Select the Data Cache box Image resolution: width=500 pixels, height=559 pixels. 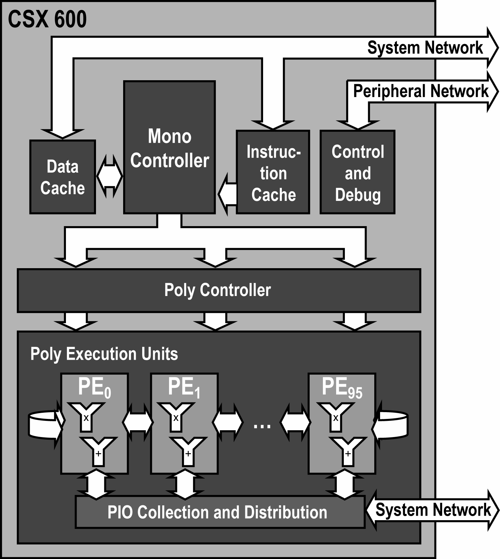pos(62,177)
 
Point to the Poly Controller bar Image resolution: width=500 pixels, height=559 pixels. pos(218,290)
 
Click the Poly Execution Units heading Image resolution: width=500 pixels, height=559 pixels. pos(104,354)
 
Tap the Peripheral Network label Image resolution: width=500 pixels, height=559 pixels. pos(420,91)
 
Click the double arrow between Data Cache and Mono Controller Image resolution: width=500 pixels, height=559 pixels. pos(110,176)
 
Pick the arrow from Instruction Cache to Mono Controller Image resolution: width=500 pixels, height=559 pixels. pos(227,194)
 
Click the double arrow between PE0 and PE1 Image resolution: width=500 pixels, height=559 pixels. pos(138,422)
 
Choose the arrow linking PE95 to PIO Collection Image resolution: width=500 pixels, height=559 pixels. pos(345,484)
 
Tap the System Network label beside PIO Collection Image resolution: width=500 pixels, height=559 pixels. pos(433,510)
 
